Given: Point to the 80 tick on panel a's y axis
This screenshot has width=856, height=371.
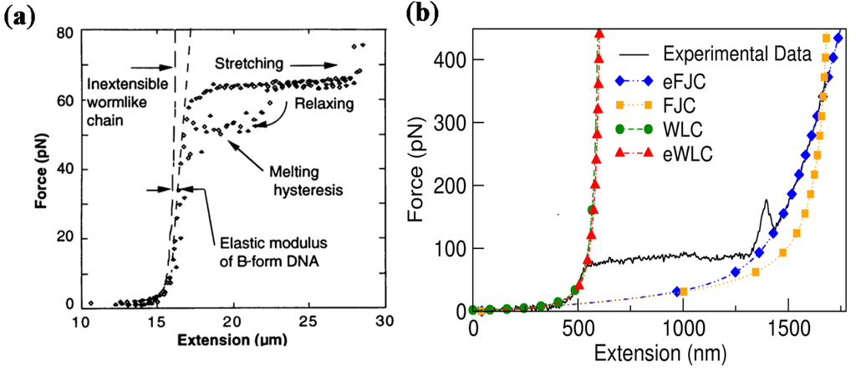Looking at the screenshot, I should (64, 33).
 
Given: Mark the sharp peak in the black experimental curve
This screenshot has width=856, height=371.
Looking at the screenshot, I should (766, 201).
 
